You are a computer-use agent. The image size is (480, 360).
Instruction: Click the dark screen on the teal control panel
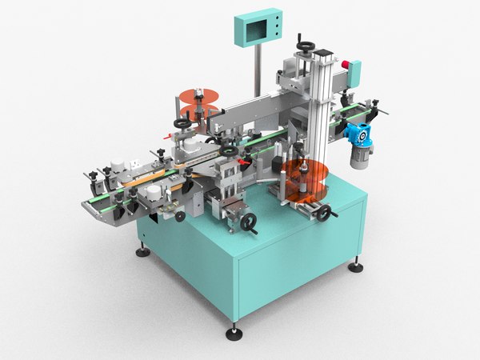tap(254, 32)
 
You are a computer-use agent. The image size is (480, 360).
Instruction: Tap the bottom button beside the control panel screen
tap(274, 36)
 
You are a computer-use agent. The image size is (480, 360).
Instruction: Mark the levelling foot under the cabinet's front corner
tap(234, 330)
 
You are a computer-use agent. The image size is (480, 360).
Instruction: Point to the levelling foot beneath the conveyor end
tap(142, 250)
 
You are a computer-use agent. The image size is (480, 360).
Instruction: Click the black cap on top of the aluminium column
tap(322, 52)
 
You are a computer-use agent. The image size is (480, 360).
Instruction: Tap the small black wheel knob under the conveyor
tap(180, 216)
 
